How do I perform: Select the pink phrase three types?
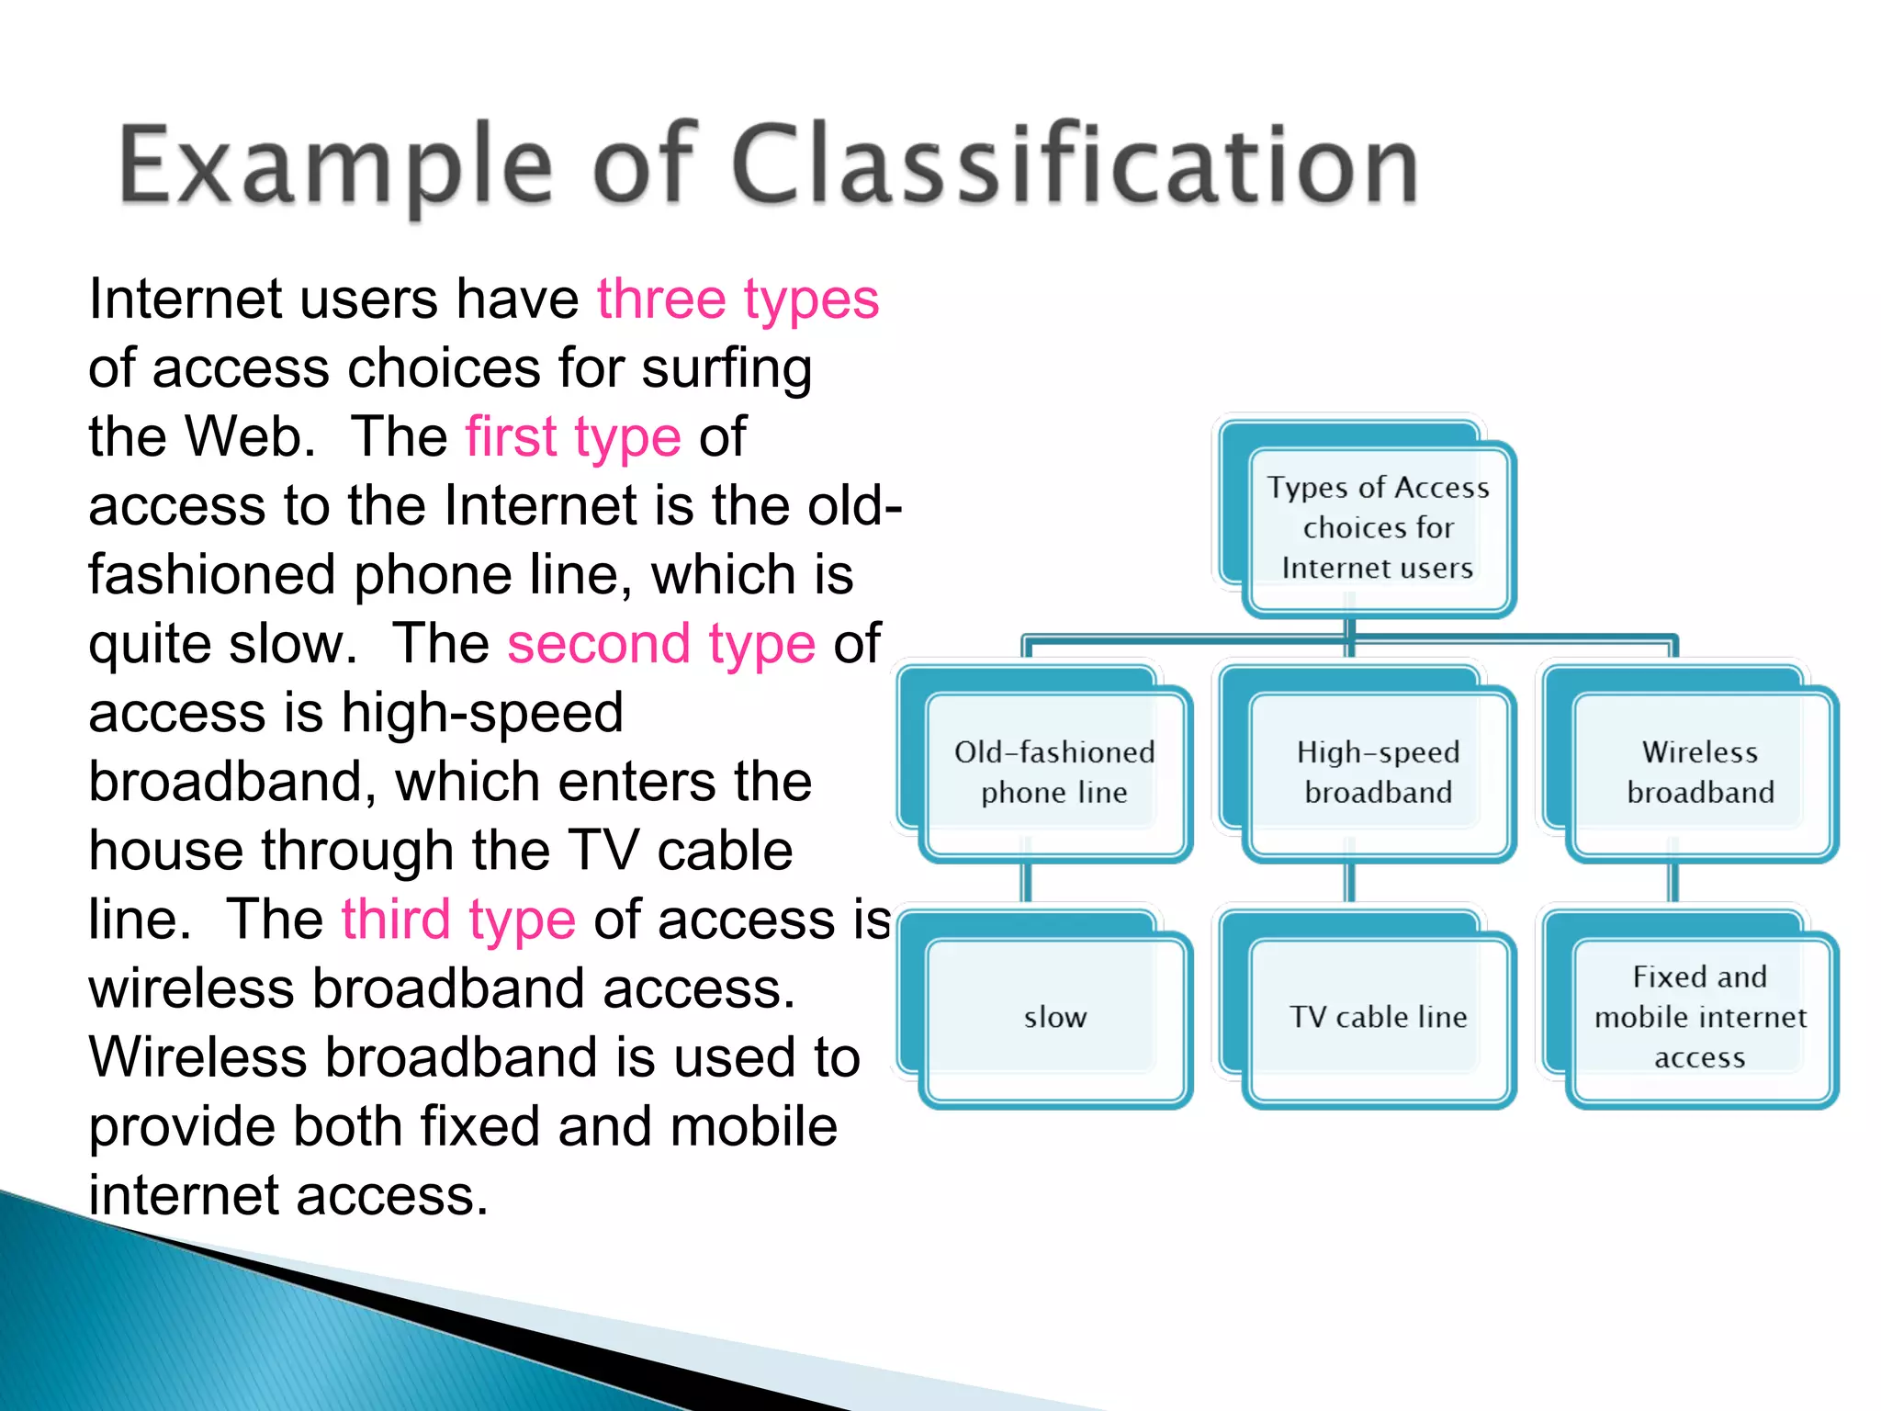click(x=738, y=299)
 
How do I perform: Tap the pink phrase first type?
click(x=573, y=437)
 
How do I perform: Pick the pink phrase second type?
click(x=661, y=644)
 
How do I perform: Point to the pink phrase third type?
click(x=458, y=920)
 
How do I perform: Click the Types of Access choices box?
click(x=1378, y=527)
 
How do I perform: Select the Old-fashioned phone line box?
click(x=1054, y=773)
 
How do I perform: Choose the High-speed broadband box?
click(x=1378, y=773)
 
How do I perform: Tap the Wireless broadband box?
click(x=1700, y=773)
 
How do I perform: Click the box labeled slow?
click(x=1054, y=1017)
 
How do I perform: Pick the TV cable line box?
click(x=1378, y=1017)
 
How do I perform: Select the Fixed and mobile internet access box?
click(x=1700, y=1017)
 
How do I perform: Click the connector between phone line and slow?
click(x=1027, y=884)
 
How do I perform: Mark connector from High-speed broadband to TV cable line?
click(x=1350, y=884)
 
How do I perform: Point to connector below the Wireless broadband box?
click(x=1673, y=884)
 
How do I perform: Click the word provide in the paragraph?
click(x=182, y=1128)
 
